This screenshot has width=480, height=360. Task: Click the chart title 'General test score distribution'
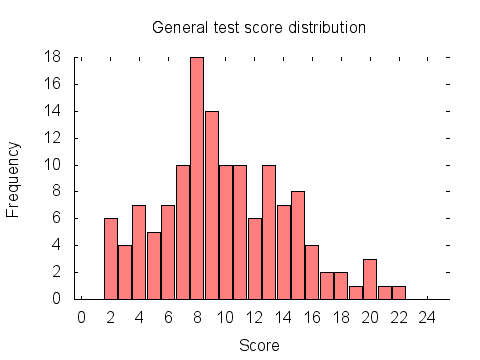259,27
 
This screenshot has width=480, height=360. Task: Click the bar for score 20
370,279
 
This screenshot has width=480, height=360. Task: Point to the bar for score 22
399,292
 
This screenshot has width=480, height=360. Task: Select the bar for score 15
298,245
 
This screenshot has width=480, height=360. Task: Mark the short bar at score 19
356,292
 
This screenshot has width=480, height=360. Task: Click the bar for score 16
312,272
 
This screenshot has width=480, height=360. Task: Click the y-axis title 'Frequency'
14,179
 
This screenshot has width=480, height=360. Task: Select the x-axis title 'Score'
259,345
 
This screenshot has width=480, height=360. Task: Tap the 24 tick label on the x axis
427,317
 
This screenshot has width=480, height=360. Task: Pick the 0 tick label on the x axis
82,317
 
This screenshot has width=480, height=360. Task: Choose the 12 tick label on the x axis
254,317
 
